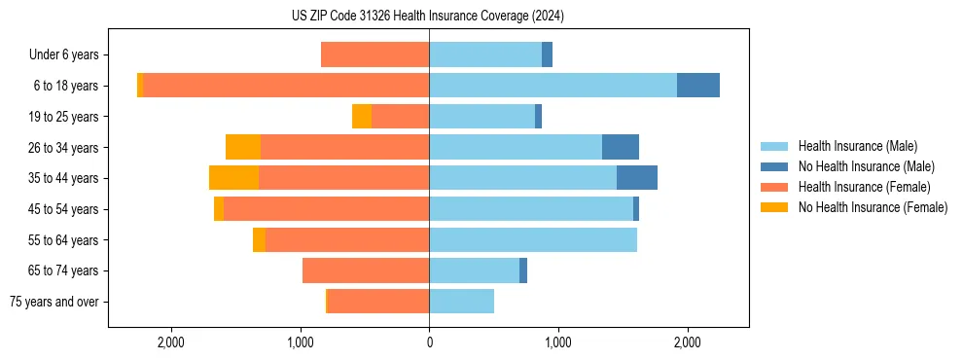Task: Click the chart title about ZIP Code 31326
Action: pos(428,16)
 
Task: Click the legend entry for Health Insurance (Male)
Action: pos(857,147)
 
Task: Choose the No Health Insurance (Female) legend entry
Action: pos(873,207)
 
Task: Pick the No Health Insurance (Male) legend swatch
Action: pos(775,167)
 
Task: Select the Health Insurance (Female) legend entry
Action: pos(864,187)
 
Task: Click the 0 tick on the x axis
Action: pos(429,342)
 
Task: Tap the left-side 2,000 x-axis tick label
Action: pos(171,342)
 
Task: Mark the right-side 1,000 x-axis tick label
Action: pos(557,342)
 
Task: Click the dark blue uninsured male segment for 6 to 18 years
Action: pos(698,86)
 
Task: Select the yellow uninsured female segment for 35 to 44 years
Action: pos(233,178)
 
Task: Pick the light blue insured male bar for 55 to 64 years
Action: pos(533,239)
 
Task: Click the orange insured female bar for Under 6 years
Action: pos(374,55)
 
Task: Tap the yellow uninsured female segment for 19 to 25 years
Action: pos(362,117)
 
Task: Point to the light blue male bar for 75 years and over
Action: pos(461,302)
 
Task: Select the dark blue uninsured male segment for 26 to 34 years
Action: pos(621,147)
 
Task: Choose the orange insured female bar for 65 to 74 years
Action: pos(366,270)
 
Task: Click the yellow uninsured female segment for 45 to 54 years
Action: pos(219,209)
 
